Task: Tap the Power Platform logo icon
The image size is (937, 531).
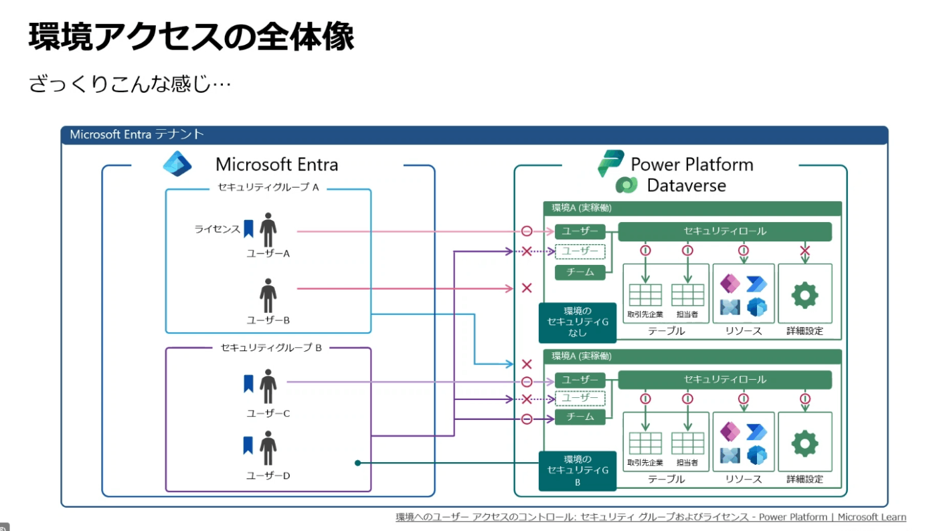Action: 610,163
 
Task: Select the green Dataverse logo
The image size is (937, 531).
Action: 626,185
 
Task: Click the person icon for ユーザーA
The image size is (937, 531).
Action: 268,229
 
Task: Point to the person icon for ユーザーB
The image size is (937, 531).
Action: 268,296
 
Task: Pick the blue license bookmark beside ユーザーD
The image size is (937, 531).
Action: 248,445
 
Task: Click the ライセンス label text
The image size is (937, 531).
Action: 217,229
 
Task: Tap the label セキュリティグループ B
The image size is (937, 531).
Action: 271,348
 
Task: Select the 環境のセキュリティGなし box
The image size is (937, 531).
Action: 578,322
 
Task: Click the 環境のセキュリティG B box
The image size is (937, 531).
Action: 578,471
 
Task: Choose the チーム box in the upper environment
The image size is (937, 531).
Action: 580,272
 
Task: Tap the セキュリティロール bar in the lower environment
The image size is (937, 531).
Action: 725,380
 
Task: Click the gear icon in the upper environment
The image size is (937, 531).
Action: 804,296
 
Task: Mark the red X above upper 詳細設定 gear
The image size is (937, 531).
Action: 804,250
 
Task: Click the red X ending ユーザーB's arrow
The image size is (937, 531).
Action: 527,288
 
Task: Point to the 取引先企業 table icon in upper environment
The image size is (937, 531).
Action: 645,295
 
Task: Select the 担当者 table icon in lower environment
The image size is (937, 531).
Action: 688,443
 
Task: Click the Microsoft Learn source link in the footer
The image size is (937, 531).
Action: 651,517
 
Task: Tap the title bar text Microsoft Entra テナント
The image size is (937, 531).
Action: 137,134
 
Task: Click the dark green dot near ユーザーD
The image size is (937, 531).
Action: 357,463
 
